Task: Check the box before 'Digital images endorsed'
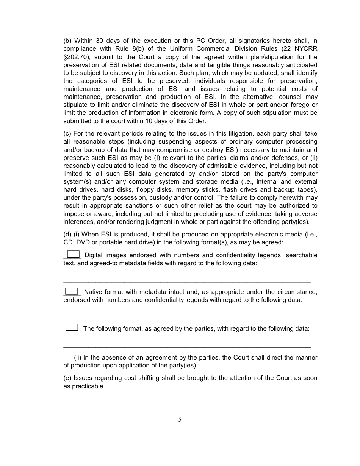(x=73, y=254)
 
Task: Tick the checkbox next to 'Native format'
(x=72, y=291)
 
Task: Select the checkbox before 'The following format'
(x=72, y=327)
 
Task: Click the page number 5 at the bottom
(x=180, y=419)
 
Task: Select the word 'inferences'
(x=78, y=222)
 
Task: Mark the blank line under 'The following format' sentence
(x=187, y=347)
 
